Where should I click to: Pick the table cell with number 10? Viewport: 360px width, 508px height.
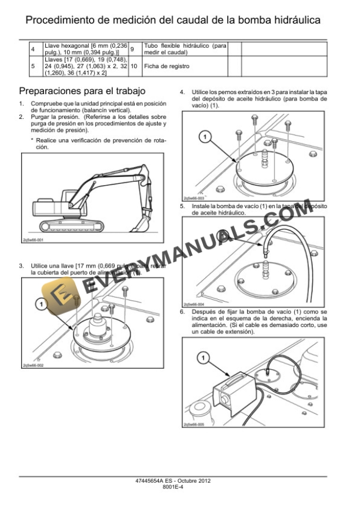tap(134, 66)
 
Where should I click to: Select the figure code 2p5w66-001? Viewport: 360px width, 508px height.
tap(33, 240)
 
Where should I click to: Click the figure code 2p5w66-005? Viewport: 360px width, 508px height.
tap(194, 424)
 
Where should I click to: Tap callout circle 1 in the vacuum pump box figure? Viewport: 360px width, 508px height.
tap(201, 357)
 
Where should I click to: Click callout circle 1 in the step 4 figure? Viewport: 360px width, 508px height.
tap(204, 137)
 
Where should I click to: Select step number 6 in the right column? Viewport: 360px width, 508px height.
tap(183, 311)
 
